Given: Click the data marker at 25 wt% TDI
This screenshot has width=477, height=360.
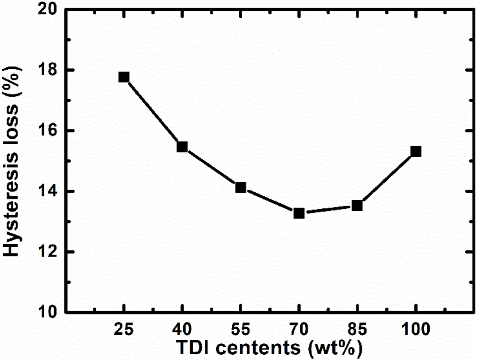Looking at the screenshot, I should (x=124, y=77).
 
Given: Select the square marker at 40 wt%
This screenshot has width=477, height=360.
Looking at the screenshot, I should (x=182, y=147).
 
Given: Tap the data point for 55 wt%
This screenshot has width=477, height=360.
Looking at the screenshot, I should (x=241, y=187).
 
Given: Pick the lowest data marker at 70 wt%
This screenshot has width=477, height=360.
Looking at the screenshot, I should (x=299, y=213).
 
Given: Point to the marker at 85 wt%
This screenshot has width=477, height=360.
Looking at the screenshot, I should (x=357, y=206).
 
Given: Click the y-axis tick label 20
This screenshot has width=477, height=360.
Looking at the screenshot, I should (x=49, y=10).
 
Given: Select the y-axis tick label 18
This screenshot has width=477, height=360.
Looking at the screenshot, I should (x=49, y=70).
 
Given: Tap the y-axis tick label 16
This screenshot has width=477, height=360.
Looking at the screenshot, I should (x=49, y=131).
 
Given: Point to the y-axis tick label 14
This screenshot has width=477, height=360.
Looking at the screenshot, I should (x=49, y=192).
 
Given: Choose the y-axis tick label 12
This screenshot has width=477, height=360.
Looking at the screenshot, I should (x=49, y=252).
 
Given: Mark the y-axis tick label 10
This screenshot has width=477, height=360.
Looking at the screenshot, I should (x=49, y=313).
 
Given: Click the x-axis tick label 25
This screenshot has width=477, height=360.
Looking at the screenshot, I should (x=124, y=330).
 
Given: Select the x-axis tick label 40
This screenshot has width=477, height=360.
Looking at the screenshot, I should (x=182, y=330).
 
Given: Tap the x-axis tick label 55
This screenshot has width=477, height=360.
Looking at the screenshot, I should (x=241, y=330).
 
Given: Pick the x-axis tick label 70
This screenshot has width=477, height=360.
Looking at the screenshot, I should (x=299, y=330).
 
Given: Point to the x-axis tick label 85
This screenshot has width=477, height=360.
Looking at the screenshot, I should (x=357, y=330).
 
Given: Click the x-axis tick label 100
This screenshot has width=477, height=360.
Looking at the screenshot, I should (x=416, y=330).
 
